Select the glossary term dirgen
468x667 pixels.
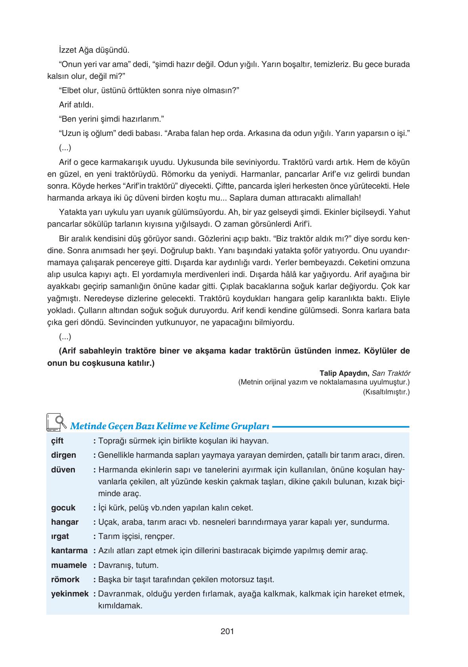point(63,455)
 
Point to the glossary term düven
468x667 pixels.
point(63,470)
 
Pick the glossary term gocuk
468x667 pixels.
point(63,508)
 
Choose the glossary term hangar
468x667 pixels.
point(65,522)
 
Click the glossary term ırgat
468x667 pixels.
point(60,536)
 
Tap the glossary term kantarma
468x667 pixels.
point(69,550)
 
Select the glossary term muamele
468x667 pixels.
point(69,565)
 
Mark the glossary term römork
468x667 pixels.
point(65,579)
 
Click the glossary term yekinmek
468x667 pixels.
point(70,594)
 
